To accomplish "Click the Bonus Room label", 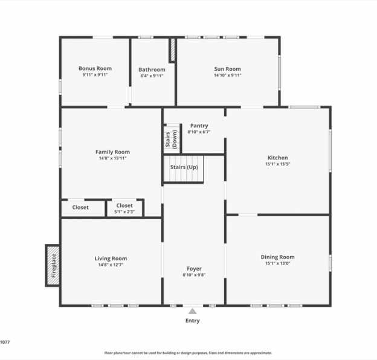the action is [x=95, y=68].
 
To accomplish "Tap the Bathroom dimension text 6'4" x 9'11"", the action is [x=152, y=76].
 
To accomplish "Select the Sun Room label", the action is [x=227, y=69].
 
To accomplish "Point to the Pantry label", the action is [x=199, y=126].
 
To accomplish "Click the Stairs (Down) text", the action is [x=171, y=140].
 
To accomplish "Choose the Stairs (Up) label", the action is [x=184, y=167].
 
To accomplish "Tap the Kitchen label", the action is [x=278, y=158].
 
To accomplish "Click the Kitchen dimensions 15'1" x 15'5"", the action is [x=278, y=164].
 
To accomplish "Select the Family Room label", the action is [x=112, y=152].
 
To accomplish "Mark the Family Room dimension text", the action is [x=112, y=158].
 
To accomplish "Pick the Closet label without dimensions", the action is [x=80, y=207].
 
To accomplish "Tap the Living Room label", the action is [x=111, y=259].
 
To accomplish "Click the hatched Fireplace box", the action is [x=53, y=266].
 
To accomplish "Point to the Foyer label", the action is [x=194, y=269].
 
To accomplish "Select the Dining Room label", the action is [x=278, y=257].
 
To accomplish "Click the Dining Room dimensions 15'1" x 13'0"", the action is [x=278, y=263].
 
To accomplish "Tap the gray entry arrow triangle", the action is [x=192, y=312].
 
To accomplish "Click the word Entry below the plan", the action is [x=192, y=321].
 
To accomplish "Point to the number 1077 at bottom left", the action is [x=5, y=342].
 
